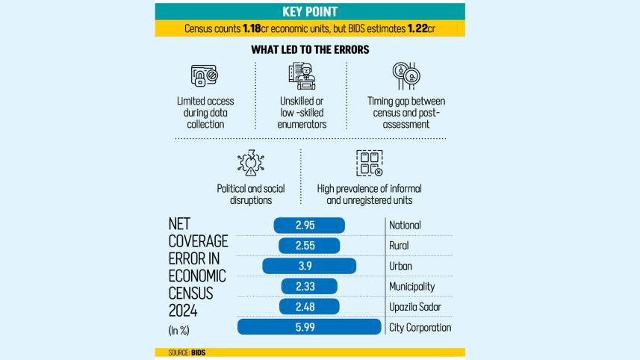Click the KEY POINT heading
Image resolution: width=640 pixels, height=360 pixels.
(x=310, y=11)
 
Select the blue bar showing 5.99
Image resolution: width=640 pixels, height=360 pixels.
(x=310, y=327)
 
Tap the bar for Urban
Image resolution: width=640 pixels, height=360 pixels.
(x=310, y=266)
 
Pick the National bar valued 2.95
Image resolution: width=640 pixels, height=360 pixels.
(x=310, y=225)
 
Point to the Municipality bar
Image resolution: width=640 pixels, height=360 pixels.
(x=310, y=286)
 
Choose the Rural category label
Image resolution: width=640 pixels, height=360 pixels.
(x=404, y=246)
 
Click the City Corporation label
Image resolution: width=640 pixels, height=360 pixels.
(x=420, y=327)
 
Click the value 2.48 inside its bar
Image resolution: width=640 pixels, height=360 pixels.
(x=310, y=307)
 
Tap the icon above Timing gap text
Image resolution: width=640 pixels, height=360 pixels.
(x=404, y=75)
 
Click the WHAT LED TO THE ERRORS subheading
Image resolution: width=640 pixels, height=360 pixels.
(x=310, y=49)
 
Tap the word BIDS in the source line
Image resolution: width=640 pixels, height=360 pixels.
(x=198, y=352)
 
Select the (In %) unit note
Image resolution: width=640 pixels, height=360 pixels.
(x=180, y=329)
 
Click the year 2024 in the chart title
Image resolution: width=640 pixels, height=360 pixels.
(x=184, y=308)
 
